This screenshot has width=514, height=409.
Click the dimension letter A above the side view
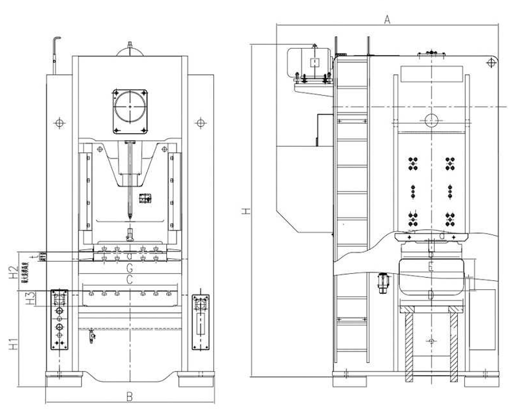(x=386, y=19)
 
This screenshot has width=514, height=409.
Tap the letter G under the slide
(x=129, y=268)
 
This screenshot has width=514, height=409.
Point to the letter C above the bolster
(x=129, y=280)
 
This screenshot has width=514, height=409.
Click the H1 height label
(x=14, y=344)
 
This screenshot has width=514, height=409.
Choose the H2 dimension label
(x=14, y=272)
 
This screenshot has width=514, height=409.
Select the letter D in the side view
(x=430, y=296)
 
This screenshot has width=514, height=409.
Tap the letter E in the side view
(x=430, y=267)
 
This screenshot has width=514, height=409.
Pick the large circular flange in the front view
(x=130, y=107)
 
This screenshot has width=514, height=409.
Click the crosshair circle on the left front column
(x=59, y=123)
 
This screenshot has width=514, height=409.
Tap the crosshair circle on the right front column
(x=200, y=123)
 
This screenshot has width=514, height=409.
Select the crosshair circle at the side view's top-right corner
(x=491, y=62)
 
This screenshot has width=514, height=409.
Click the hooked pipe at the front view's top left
(x=55, y=52)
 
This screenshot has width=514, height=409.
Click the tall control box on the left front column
(x=59, y=320)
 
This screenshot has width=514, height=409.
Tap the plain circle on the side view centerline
(x=431, y=119)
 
